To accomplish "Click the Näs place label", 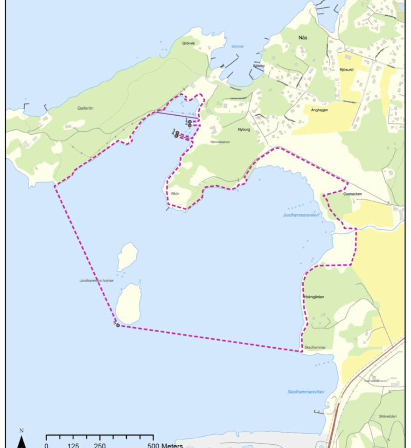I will [305, 38].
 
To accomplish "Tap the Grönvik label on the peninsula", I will [191, 43].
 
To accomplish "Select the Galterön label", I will [85, 108].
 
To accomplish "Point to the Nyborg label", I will [244, 130].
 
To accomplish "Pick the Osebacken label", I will [352, 194].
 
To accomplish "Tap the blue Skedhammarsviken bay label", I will [306, 392].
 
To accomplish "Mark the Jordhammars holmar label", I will [97, 280].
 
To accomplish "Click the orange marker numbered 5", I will [118, 325].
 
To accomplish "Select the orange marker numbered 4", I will [176, 136].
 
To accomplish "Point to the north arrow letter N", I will [21, 430].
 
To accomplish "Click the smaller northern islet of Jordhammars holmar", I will [127, 256].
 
